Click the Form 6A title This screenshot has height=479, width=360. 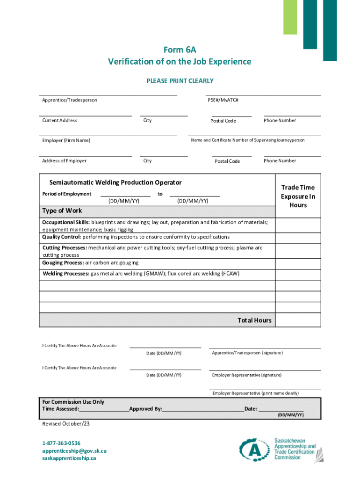[x=180, y=50]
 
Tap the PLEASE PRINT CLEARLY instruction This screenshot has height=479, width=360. [x=180, y=81]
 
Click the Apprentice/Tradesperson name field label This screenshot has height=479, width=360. [x=70, y=100]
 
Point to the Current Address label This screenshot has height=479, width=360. [x=60, y=121]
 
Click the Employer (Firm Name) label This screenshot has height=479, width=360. [x=66, y=141]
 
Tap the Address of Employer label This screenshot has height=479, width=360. [x=64, y=161]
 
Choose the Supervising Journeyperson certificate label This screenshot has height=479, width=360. [x=248, y=140]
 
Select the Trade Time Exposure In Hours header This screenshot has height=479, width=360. [x=298, y=196]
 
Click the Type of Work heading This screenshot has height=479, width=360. [x=62, y=210]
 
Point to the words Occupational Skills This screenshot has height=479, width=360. [x=65, y=222]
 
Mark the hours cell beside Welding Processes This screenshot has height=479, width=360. [x=298, y=274]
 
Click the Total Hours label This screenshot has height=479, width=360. [x=254, y=320]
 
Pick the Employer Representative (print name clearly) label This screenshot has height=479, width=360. [x=255, y=393]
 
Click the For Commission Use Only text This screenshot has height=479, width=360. [x=73, y=402]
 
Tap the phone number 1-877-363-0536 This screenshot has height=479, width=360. [x=61, y=443]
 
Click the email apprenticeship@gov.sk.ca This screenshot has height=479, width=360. [x=74, y=451]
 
